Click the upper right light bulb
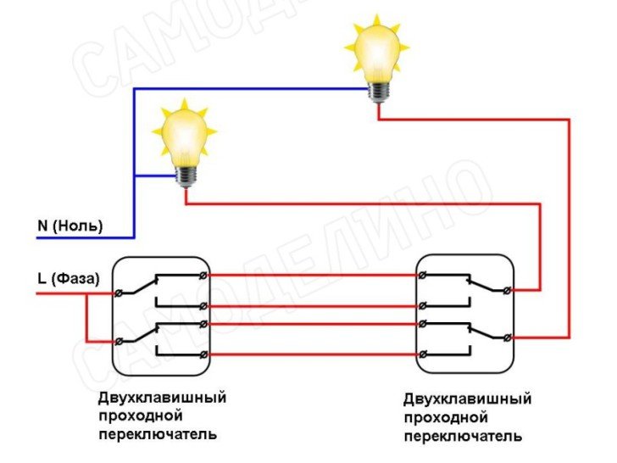(375, 53)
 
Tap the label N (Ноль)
(69, 226)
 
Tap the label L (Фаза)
(68, 278)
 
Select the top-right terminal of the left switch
(202, 275)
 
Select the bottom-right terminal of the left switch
(202, 354)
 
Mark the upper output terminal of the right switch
(507, 291)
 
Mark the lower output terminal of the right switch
(507, 338)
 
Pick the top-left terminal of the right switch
(423, 275)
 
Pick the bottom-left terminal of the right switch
(423, 354)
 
